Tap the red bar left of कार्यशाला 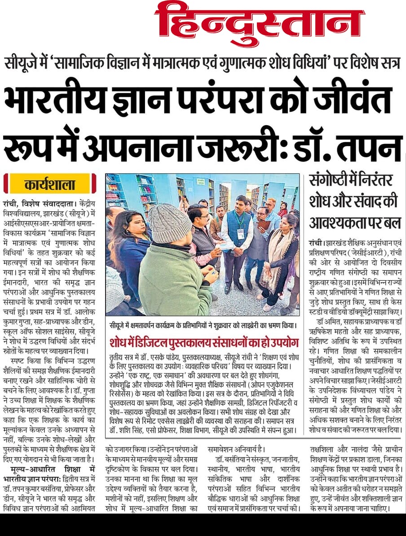tap(6, 184)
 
